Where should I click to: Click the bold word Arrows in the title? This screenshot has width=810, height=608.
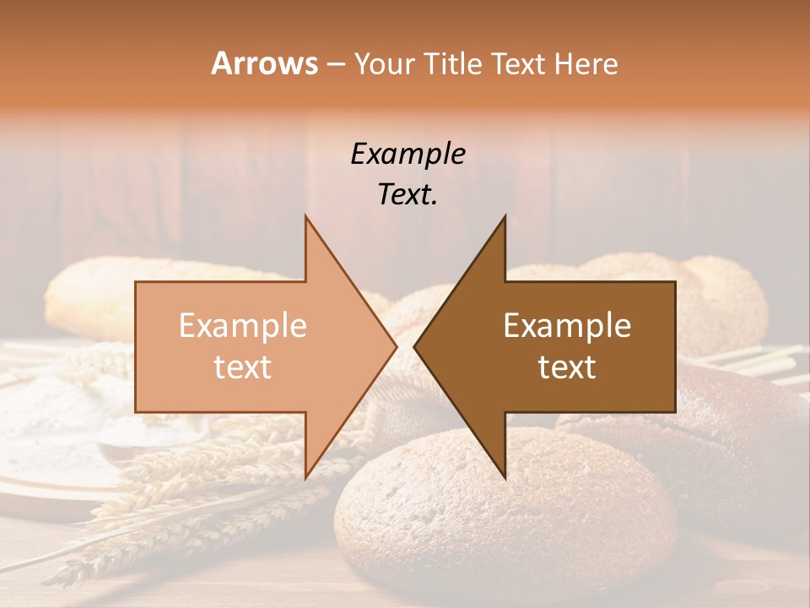[265, 63]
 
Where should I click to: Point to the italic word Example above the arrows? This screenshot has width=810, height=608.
[408, 154]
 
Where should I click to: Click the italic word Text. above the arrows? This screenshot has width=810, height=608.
[408, 195]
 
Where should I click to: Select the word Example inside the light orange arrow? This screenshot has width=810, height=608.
[243, 326]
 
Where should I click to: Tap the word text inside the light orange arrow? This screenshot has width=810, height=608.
[243, 367]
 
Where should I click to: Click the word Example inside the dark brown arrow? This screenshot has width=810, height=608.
[567, 326]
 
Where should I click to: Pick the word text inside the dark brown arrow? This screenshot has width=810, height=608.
[567, 367]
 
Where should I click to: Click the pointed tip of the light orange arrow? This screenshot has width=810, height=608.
[396, 347]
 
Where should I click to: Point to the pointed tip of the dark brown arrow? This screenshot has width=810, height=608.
[414, 347]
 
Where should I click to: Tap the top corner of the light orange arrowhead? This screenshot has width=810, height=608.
[305, 216]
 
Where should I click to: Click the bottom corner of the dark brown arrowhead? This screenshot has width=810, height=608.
[505, 478]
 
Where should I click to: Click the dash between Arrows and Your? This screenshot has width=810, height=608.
[335, 64]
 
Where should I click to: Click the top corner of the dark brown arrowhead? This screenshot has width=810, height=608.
[505, 216]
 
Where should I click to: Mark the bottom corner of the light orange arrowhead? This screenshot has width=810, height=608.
[305, 478]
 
